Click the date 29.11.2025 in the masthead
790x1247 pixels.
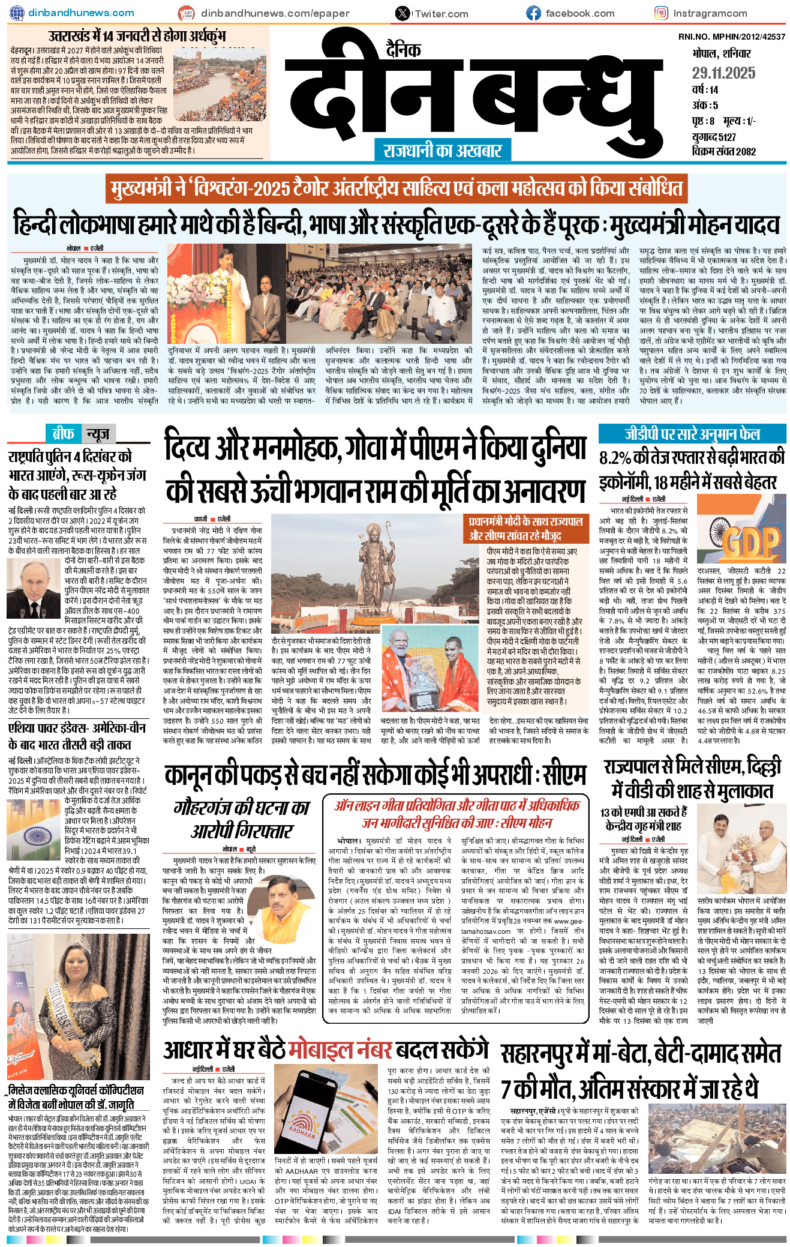click(x=723, y=73)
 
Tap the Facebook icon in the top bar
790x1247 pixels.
click(x=533, y=13)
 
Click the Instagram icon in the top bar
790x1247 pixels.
click(x=661, y=13)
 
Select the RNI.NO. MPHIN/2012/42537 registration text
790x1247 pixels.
click(x=731, y=37)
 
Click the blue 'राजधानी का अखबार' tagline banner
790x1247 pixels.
click(x=443, y=150)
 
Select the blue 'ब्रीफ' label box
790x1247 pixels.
click(x=63, y=433)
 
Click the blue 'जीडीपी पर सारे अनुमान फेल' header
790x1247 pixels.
click(x=692, y=434)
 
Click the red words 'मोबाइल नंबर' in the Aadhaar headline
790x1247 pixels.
click(x=340, y=1050)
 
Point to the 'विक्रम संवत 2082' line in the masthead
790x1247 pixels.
click(x=723, y=151)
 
